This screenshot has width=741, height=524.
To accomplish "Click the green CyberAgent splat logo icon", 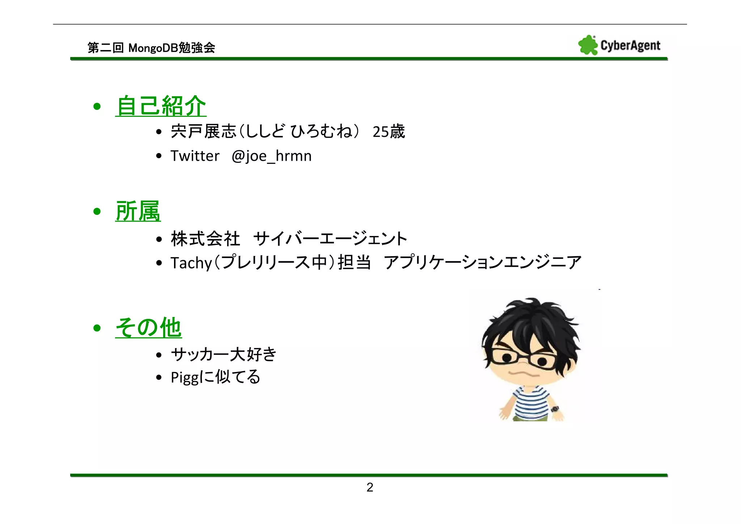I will pos(588,45).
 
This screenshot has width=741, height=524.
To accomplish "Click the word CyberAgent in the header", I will pos(630,46).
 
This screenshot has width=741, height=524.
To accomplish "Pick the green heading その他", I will pos(148,327).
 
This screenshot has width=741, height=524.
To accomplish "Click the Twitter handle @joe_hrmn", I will pos(271,156).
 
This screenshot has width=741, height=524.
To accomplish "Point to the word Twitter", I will pos(195,156).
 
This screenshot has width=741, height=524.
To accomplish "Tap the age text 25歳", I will pos(389,131).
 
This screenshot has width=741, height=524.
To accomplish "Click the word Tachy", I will pos(191,263).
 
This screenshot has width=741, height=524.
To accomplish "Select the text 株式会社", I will pos(206,239).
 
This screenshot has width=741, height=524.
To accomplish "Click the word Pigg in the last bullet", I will pos(185,377).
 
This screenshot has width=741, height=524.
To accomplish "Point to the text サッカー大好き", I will pos(224,354).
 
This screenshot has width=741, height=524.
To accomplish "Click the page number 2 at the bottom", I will pos(370,487).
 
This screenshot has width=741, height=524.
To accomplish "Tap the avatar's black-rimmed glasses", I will pos(524,358).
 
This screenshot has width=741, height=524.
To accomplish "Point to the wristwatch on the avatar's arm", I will pos(555,409).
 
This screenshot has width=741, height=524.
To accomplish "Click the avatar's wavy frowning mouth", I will pos(524,373).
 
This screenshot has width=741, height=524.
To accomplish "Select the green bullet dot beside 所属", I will pos(97,211).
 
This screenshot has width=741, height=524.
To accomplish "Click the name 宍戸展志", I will pos(203,131).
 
